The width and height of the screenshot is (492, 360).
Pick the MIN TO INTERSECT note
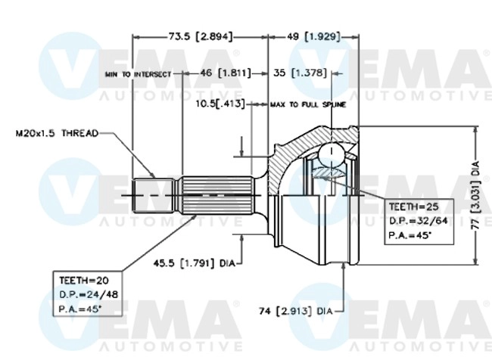point(139,74)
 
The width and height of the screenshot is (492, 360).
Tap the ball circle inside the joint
point(329,156)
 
